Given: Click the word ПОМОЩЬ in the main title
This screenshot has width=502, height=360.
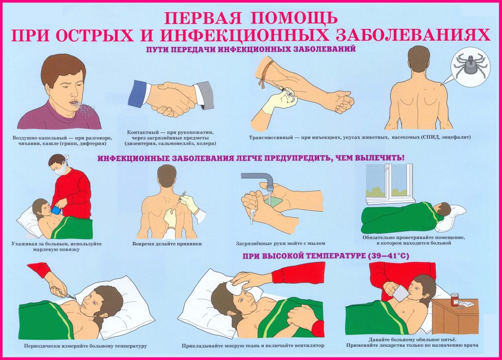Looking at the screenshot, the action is click(x=295, y=18).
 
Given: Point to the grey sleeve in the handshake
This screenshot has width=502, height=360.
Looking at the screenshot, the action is click(x=204, y=95).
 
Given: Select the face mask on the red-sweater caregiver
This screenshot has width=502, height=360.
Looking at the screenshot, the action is click(x=61, y=168).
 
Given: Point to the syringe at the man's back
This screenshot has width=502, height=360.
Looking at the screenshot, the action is click(x=183, y=195).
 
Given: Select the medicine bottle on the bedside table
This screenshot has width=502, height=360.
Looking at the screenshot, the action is click(x=454, y=299).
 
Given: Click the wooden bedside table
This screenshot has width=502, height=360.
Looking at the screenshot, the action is click(x=454, y=317).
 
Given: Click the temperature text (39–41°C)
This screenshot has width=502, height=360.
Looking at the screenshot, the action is click(x=388, y=256).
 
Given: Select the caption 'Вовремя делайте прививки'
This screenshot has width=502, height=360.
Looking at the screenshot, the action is click(x=167, y=244).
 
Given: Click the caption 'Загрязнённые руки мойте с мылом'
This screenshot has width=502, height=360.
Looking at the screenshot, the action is click(x=280, y=243).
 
